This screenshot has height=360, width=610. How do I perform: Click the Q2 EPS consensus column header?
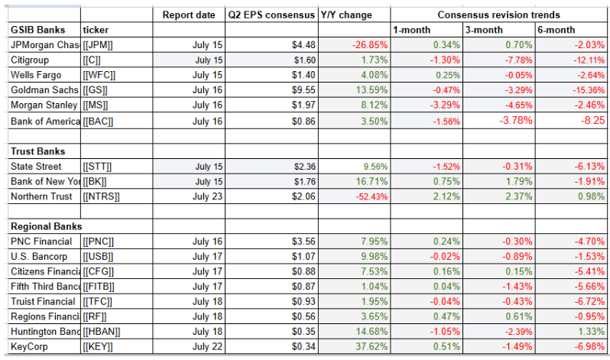coord(271,15)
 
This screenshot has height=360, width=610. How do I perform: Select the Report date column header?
coord(189,15)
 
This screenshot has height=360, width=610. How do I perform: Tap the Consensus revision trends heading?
coord(498,15)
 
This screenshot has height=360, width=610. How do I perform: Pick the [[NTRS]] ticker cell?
coord(103,196)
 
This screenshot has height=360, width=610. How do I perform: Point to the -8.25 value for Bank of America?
coord(589,120)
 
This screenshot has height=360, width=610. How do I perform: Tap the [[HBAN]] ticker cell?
coord(104,331)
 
